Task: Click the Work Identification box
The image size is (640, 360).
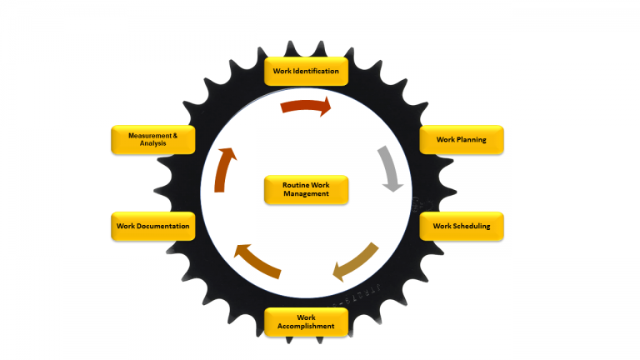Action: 306,71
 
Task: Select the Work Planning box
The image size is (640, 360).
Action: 461,139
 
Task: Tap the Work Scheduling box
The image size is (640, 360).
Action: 461,226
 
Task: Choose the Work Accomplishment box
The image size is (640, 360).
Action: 306,322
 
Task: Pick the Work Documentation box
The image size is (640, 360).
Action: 152,226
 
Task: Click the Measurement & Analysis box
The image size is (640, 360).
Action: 152,139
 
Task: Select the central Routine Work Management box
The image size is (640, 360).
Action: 306,189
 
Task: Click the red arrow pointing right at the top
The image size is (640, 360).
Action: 306,106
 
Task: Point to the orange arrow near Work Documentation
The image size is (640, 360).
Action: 257,261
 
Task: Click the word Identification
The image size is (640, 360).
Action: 316,71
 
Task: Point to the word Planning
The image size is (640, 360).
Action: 471,139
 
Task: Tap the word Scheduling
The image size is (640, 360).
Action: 472,226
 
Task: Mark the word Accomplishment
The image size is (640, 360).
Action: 306,326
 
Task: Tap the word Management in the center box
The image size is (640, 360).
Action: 306,193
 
